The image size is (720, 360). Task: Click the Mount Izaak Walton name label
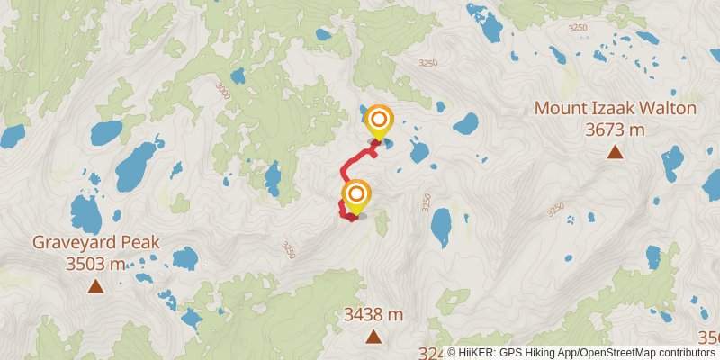coord(616,109)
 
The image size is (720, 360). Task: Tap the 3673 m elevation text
coord(616,130)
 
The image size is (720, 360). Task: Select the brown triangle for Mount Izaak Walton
coord(616,151)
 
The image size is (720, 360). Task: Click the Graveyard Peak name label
coord(96,242)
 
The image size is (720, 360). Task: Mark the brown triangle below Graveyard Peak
coord(95,286)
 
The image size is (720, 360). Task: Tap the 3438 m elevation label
coord(373,315)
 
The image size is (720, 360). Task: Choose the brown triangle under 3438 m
coord(373,337)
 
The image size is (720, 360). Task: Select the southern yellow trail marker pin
coord(356,195)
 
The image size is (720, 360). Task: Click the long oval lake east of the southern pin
coord(441,227)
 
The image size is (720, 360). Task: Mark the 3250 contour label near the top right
coord(578,28)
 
